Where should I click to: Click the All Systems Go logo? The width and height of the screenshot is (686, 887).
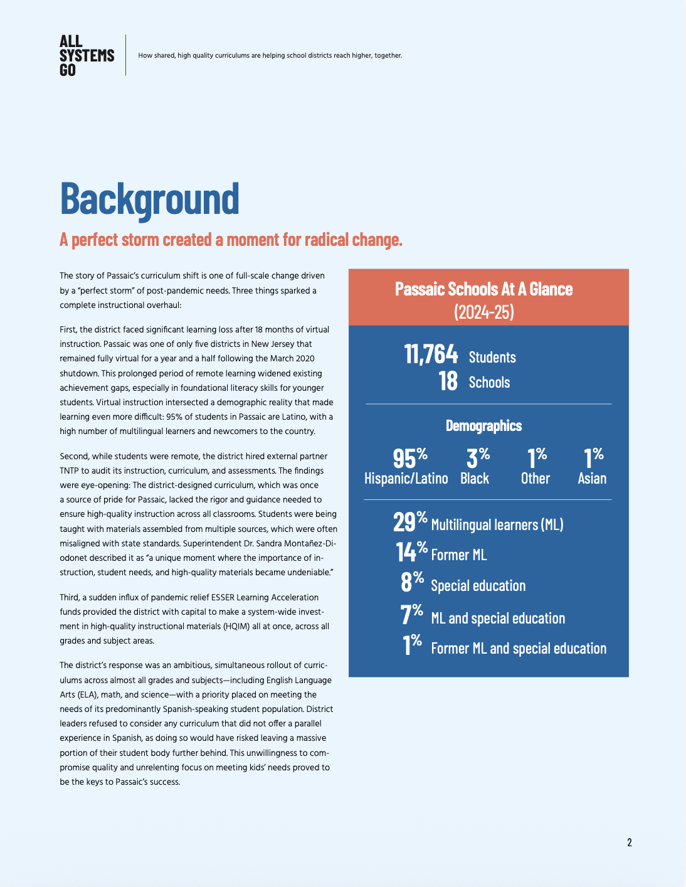87,55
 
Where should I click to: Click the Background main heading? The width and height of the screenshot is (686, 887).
149,198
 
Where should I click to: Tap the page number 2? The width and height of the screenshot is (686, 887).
630,842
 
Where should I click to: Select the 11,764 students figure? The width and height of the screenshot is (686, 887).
431,355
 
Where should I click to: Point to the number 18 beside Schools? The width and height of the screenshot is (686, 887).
448,381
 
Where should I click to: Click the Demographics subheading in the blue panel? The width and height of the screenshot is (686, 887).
483,426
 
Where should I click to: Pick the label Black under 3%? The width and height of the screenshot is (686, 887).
475,479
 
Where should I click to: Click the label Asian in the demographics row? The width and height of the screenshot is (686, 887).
592,479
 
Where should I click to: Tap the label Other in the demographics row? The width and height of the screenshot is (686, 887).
535,479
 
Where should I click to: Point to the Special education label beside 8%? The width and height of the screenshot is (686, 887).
478,586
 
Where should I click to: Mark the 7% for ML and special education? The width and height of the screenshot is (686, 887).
412,615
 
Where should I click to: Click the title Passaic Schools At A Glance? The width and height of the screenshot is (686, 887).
483,289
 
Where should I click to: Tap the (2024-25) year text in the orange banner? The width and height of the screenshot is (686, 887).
483,312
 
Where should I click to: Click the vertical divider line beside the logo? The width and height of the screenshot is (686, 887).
126,55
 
